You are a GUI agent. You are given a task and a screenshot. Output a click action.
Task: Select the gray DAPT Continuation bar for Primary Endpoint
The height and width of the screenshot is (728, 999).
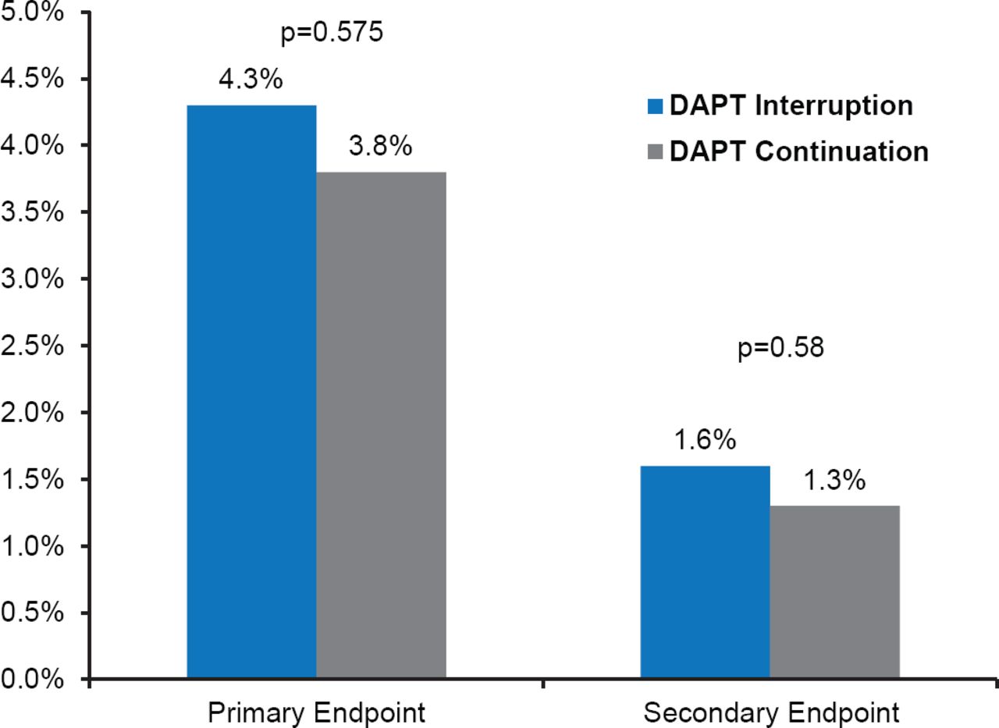(x=381, y=425)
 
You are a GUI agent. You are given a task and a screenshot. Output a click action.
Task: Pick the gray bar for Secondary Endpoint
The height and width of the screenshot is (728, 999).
(x=834, y=592)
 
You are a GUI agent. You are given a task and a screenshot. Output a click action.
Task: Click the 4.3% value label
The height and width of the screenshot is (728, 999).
(x=251, y=80)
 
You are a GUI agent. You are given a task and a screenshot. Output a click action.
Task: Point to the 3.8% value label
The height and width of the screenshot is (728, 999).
(x=380, y=146)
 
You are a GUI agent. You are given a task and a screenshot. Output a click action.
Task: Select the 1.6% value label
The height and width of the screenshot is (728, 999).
(x=704, y=440)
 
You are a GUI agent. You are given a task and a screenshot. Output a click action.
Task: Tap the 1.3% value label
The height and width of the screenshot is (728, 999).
(x=834, y=481)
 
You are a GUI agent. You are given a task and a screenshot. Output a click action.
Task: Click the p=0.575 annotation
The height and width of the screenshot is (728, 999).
(x=332, y=34)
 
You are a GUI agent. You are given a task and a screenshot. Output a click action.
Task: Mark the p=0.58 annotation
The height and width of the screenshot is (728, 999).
(x=780, y=348)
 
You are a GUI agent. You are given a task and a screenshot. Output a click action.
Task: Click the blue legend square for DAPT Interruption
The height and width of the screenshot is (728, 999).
(x=654, y=105)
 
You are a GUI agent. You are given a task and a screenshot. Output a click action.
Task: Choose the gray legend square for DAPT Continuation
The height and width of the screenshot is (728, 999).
(x=654, y=151)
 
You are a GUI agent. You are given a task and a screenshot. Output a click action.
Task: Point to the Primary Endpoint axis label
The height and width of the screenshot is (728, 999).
(x=316, y=712)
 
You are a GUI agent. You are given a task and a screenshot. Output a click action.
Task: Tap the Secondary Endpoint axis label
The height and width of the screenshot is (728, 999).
(x=770, y=712)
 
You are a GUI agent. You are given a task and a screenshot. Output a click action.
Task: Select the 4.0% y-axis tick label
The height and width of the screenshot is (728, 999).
(x=33, y=146)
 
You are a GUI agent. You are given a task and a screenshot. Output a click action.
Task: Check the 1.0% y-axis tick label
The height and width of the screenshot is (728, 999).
(x=33, y=546)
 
